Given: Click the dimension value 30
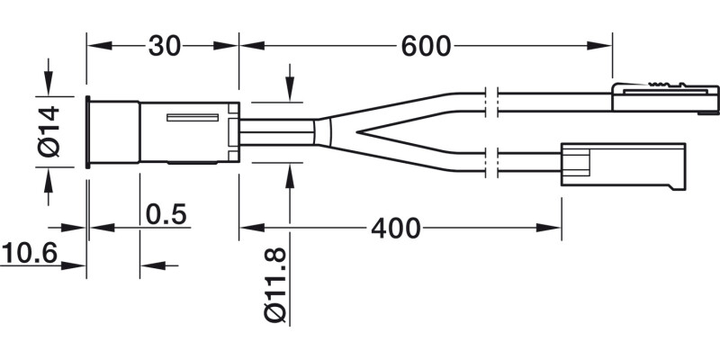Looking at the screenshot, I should [x=163, y=46].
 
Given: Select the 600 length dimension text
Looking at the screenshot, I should [x=425, y=46].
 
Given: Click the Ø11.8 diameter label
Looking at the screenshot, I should [x=276, y=285].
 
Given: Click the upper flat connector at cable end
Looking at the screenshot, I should [x=665, y=97].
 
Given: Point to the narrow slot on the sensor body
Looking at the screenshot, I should [x=191, y=118].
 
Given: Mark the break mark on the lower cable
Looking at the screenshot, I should [x=490, y=162].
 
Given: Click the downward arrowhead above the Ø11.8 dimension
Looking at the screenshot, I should [x=290, y=90].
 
